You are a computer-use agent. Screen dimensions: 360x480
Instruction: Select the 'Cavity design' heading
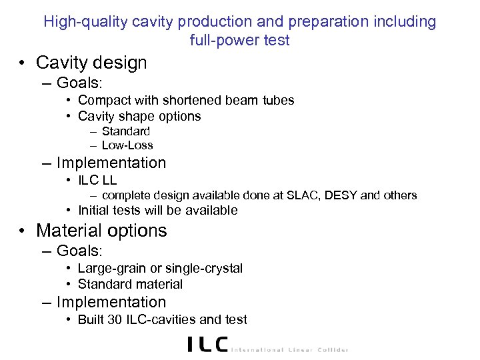91,63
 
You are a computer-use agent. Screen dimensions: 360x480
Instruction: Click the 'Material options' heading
101,231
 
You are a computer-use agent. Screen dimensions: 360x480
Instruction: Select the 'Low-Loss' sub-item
127,145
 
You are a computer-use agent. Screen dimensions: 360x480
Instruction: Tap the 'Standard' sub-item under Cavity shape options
126,131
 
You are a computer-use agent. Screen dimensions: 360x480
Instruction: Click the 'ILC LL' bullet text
97,179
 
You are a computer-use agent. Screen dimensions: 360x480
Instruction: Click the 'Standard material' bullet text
130,284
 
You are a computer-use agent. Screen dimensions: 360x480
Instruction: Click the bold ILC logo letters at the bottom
207,344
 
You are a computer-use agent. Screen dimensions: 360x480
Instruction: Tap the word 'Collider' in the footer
329,349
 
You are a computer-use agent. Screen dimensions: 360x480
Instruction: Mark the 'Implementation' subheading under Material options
111,302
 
